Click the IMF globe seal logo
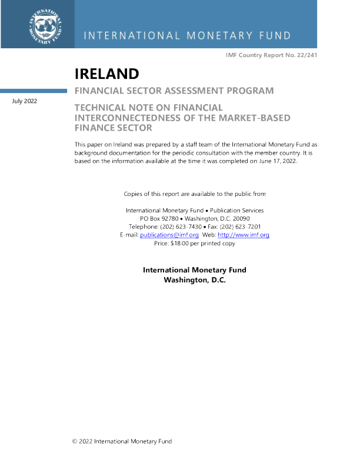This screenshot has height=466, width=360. tap(45, 26)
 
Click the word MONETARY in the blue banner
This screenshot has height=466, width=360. tap(219, 36)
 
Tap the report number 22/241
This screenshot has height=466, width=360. tap(307, 55)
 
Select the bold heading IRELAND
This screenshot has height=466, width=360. tap(106, 74)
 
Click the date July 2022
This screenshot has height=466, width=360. tap(25, 101)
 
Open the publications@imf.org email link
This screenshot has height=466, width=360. tap(169, 235)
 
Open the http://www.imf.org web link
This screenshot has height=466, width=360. tap(244, 235)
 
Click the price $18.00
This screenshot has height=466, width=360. tap(179, 243)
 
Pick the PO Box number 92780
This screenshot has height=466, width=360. tap(170, 218)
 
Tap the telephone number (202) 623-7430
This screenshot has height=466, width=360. tap(181, 227)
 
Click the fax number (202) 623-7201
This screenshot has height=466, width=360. tap(240, 227)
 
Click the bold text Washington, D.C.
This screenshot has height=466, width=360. tap(195, 280)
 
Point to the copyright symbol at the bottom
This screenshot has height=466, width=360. tap(75, 441)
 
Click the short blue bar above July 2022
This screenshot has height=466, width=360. tap(34, 91)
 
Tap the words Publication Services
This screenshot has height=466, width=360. tap(236, 211)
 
